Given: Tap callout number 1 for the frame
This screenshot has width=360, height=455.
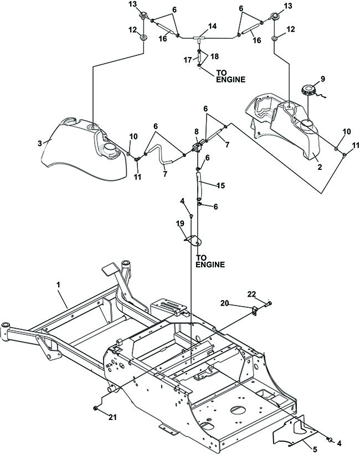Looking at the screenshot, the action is click(58, 285).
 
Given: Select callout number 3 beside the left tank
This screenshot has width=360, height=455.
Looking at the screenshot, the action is click(40, 143).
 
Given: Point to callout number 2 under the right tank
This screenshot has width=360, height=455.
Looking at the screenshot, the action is click(320, 167).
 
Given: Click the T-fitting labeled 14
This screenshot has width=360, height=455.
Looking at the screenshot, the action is click(199, 38).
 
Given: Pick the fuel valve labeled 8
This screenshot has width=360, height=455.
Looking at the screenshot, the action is click(198, 147).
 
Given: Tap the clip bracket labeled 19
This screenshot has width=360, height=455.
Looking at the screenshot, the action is click(193, 240).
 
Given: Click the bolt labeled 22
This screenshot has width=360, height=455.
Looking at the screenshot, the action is click(268, 304).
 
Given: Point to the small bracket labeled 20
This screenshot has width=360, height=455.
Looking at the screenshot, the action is click(255, 311).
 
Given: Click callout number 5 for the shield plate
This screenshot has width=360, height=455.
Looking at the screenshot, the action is click(315, 449).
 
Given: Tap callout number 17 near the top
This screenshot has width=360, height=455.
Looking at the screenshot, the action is click(188, 60).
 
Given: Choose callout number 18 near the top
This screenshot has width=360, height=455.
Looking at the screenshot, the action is click(214, 56).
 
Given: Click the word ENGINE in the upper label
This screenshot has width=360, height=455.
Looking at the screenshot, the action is click(231, 79).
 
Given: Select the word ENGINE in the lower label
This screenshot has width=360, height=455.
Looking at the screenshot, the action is click(210, 265).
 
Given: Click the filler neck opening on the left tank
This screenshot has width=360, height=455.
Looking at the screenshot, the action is click(109, 147).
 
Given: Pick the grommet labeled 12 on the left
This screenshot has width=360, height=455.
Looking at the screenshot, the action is click(143, 38).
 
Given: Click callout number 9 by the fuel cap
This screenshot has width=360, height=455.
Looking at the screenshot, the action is click(322, 79).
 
